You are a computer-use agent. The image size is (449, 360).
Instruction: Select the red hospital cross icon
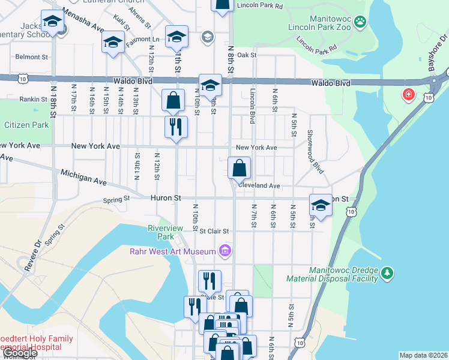click(x=409, y=95)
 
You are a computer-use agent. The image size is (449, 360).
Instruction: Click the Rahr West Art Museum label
click(x=173, y=251)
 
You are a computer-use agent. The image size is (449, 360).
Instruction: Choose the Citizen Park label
click(x=26, y=125)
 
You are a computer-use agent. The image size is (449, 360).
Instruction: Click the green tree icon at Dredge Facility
click(x=388, y=274)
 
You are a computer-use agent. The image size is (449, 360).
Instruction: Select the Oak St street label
click(x=247, y=55)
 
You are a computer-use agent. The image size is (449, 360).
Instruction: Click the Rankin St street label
click(x=33, y=99)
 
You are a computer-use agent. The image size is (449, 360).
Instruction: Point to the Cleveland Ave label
click(x=259, y=186)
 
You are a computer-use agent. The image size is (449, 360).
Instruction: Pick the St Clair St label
click(x=214, y=231)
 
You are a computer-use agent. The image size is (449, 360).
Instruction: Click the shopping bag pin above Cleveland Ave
click(x=239, y=169)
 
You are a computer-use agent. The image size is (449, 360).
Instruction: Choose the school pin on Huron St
click(x=321, y=205)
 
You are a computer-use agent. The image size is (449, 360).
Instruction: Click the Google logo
click(x=19, y=353)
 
